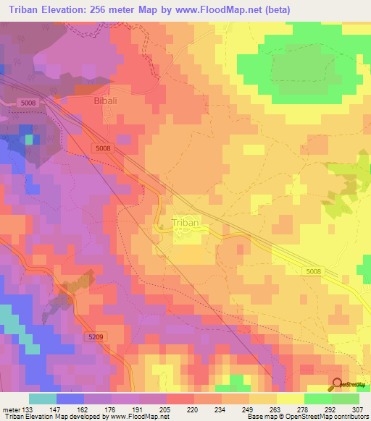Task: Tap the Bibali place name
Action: (x=110, y=102)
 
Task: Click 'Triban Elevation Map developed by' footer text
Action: (x=51, y=417)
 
